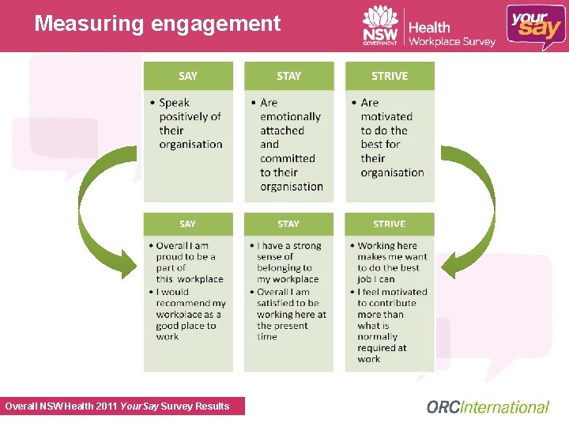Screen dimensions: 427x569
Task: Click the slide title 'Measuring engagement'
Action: [x=157, y=24]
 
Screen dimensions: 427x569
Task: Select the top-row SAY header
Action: [x=188, y=76]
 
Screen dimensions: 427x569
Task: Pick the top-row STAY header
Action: [x=288, y=76]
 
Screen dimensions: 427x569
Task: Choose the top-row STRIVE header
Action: [x=390, y=76]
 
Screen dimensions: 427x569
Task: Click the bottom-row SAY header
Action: [x=188, y=224]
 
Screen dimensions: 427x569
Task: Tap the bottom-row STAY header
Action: [x=288, y=224]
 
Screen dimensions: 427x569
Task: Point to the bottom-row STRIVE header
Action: [x=390, y=224]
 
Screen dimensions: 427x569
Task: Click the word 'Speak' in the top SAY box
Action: [x=175, y=103]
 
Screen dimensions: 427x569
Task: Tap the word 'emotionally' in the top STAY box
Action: [x=290, y=117]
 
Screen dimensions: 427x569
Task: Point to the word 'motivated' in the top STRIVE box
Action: [x=386, y=117]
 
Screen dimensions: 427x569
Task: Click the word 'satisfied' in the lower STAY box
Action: [x=276, y=303]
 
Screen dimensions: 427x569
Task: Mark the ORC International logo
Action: [x=488, y=407]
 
